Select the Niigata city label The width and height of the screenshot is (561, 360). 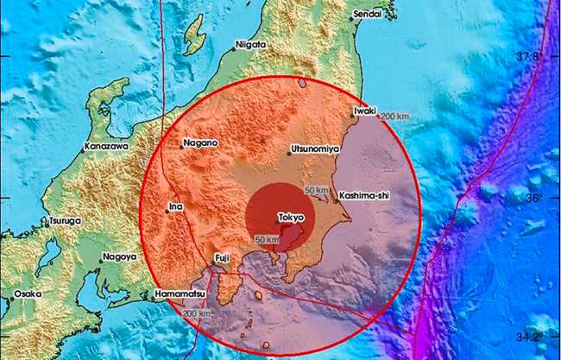(249, 44)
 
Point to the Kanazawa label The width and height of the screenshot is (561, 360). (107, 148)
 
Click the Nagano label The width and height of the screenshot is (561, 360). (200, 142)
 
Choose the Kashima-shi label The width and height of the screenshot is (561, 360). (365, 196)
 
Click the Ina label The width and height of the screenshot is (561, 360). (177, 206)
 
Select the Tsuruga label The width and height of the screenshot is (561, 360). (66, 222)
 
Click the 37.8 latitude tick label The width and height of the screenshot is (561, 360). (529, 56)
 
